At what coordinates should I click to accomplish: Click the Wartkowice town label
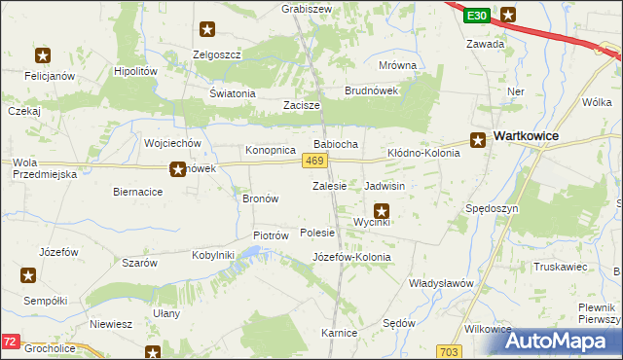526,136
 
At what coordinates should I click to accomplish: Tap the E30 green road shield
476,17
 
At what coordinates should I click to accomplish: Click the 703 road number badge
449,351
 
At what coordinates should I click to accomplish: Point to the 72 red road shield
10,342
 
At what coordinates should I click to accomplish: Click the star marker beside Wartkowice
479,139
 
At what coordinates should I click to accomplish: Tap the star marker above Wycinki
382,209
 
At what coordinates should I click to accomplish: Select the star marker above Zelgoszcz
206,30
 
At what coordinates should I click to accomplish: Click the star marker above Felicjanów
42,55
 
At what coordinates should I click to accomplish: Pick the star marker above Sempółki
26,276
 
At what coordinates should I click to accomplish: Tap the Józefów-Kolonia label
351,257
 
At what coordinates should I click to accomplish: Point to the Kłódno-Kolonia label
423,153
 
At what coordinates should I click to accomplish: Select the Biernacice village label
137,192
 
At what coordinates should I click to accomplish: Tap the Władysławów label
440,282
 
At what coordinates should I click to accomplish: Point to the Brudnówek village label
371,90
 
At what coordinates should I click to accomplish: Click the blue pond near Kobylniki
251,254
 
